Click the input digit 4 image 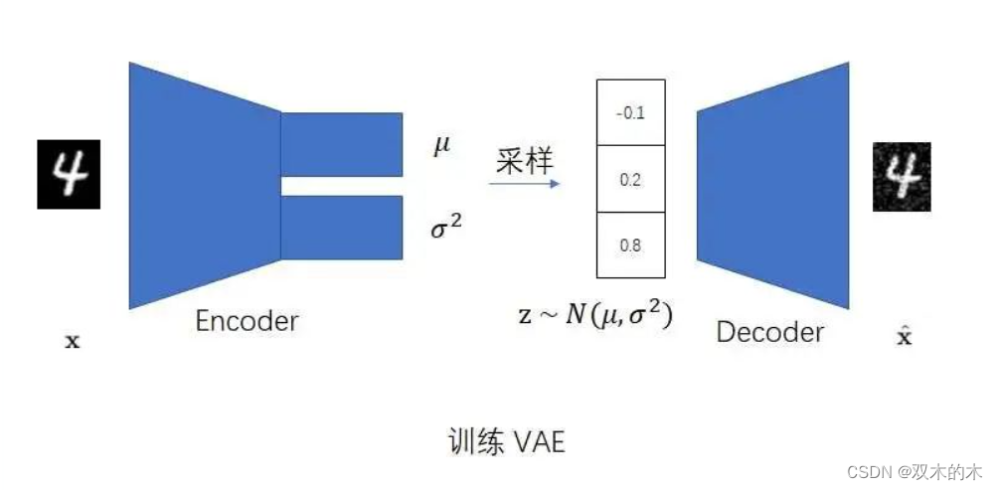pyautogui.click(x=70, y=174)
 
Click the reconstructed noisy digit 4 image pyautogui.click(x=902, y=176)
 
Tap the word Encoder pyautogui.click(x=247, y=321)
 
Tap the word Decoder pyautogui.click(x=769, y=331)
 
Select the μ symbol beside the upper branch pyautogui.click(x=441, y=146)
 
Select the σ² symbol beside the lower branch pyautogui.click(x=445, y=228)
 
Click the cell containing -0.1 pyautogui.click(x=630, y=112)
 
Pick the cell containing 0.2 pyautogui.click(x=630, y=179)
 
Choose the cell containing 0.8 pyautogui.click(x=630, y=245)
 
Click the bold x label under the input pyautogui.click(x=72, y=342)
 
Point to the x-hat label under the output pyautogui.click(x=904, y=337)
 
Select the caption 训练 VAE pyautogui.click(x=506, y=441)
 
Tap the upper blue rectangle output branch pyautogui.click(x=342, y=144)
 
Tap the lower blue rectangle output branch pyautogui.click(x=342, y=228)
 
